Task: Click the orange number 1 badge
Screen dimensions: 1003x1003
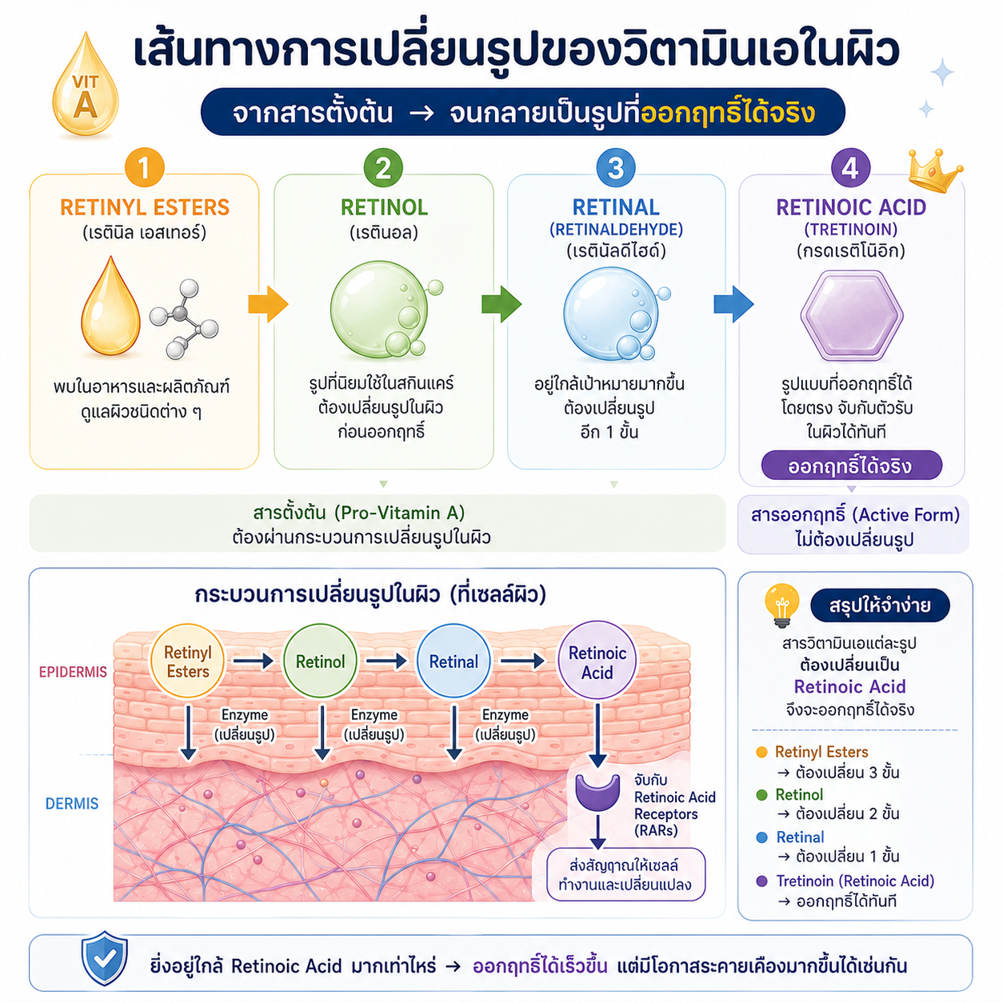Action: coord(144,168)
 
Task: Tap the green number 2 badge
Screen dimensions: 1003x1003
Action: coord(383,168)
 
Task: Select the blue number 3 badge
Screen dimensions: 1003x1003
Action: coord(616,168)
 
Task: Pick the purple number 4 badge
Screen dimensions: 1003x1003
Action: coord(850,168)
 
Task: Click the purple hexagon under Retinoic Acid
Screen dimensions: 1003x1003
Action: coord(851,315)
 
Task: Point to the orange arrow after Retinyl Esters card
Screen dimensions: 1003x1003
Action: coord(268,304)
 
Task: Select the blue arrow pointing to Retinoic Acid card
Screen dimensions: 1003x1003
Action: coord(733,304)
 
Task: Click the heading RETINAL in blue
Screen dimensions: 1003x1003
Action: coord(616,207)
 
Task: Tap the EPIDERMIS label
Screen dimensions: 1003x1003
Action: coord(73,672)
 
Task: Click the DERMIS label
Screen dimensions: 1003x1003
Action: coord(72,804)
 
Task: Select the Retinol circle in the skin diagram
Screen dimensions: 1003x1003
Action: coord(320,661)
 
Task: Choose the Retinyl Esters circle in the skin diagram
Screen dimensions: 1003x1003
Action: coord(187,661)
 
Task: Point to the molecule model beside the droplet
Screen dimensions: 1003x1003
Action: coord(183,318)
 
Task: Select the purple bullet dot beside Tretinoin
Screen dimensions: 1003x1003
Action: coord(761,881)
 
